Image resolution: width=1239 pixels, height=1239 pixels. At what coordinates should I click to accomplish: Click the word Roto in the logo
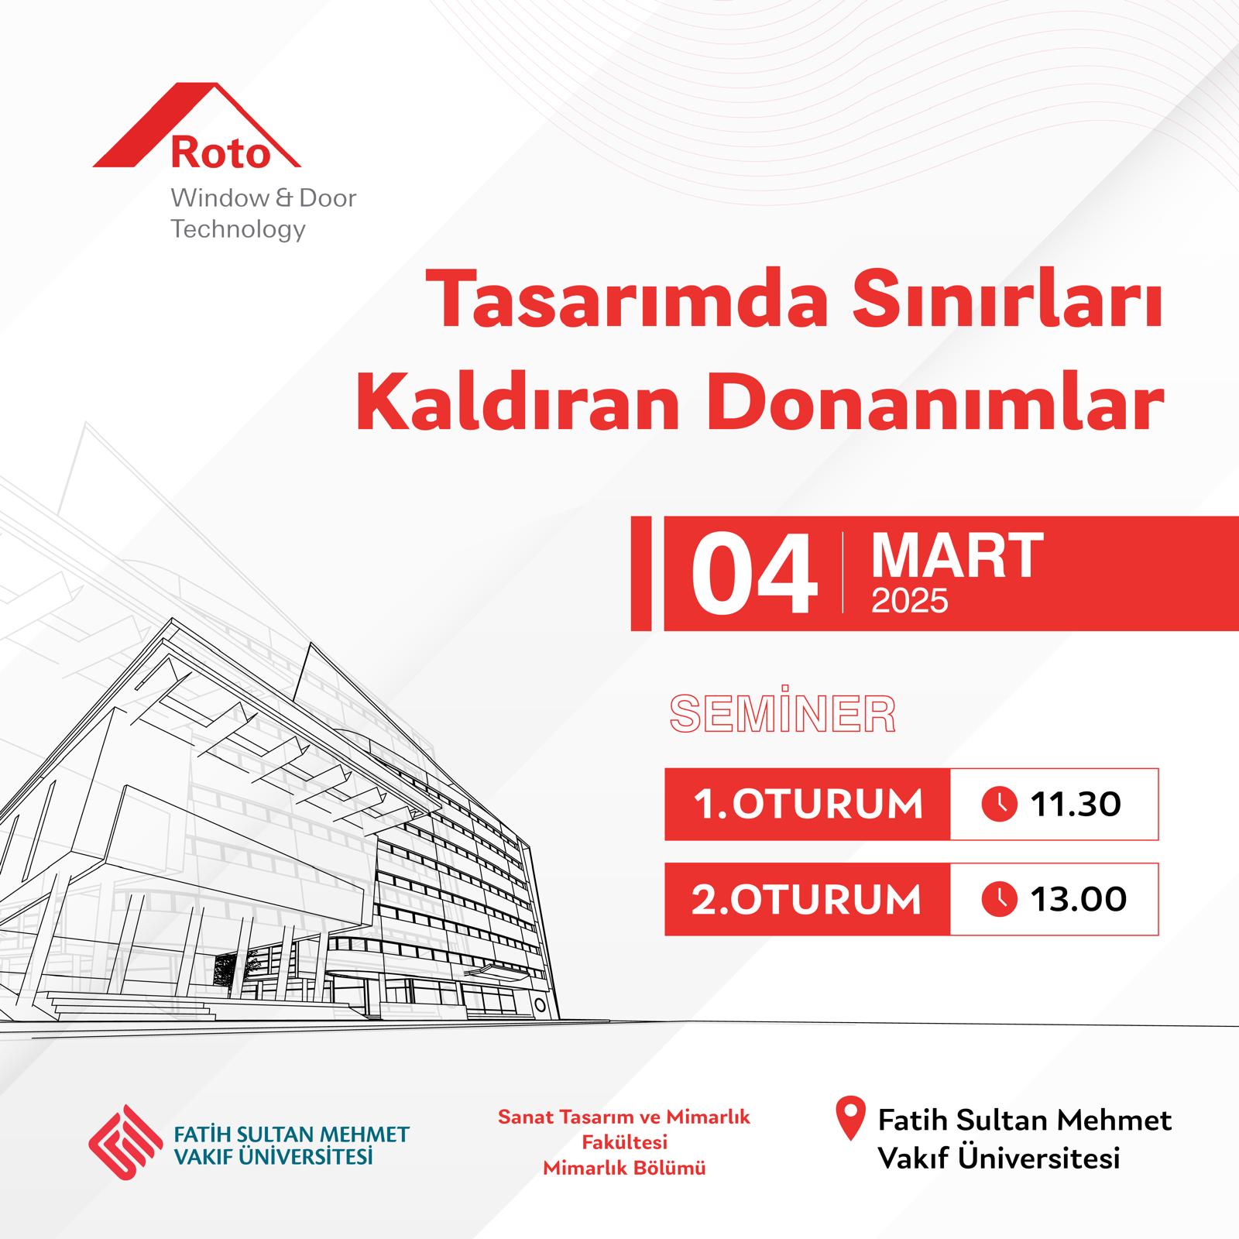pyautogui.click(x=220, y=153)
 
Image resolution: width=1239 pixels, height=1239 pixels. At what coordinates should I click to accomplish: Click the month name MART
pyautogui.click(x=958, y=555)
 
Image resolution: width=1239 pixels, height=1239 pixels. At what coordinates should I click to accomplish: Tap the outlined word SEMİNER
pyautogui.click(x=783, y=714)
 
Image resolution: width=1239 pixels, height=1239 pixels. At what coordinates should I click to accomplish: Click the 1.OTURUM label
pyautogui.click(x=808, y=805)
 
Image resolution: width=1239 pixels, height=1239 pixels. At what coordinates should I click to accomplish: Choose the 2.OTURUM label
pyautogui.click(x=807, y=899)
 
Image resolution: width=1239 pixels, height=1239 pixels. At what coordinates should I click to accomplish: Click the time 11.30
pyautogui.click(x=1076, y=805)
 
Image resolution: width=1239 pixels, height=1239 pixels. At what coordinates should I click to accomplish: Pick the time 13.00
pyautogui.click(x=1079, y=899)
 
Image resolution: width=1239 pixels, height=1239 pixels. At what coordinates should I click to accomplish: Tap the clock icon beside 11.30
pyautogui.click(x=999, y=805)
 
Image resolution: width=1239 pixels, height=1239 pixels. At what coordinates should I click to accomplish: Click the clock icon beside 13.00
pyautogui.click(x=999, y=899)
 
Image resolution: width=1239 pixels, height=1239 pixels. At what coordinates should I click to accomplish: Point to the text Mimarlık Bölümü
pyautogui.click(x=624, y=1169)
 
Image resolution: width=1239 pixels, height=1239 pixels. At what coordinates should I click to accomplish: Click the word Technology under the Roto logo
pyautogui.click(x=239, y=230)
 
